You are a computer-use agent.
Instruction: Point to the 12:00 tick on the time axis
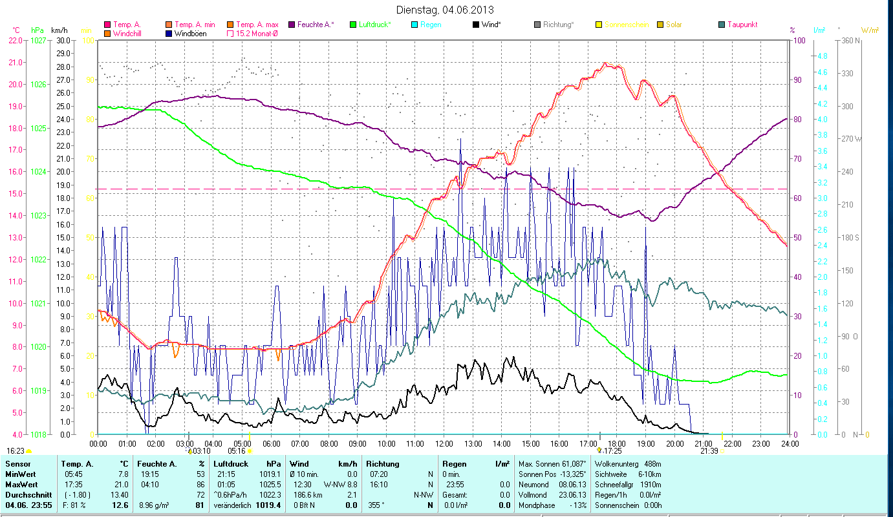444,444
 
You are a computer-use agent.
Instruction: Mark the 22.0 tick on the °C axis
16,40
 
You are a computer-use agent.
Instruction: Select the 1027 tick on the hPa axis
39,40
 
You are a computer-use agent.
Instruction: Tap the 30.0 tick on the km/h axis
63,40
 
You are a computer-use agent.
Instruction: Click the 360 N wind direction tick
849,41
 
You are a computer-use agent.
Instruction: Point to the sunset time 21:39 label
709,451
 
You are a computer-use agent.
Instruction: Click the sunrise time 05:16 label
237,451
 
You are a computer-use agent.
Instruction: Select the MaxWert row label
22,484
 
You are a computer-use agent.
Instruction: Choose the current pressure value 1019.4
268,505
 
